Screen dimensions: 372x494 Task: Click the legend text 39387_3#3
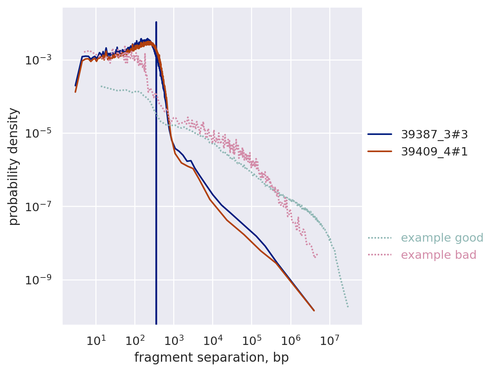tap(434, 134)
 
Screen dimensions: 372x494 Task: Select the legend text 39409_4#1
tap(434, 152)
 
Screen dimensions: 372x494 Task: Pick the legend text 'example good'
tap(442, 238)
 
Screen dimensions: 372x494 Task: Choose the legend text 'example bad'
tap(438, 255)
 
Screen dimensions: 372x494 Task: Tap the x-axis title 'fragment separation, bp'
tap(211, 358)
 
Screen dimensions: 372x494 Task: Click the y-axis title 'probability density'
tap(14, 167)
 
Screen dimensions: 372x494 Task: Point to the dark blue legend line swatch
tap(380, 134)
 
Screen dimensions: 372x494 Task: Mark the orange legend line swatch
tap(380, 152)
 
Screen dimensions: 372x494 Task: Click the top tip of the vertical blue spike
tap(156, 22)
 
